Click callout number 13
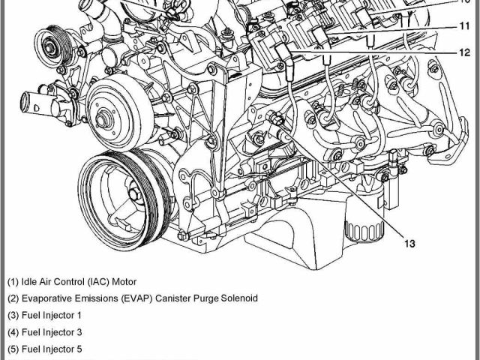(409, 243)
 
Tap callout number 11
(465, 25)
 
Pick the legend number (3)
(13, 316)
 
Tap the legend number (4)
(13, 332)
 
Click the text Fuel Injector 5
(52, 349)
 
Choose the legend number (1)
(13, 283)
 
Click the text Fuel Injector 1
(52, 316)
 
